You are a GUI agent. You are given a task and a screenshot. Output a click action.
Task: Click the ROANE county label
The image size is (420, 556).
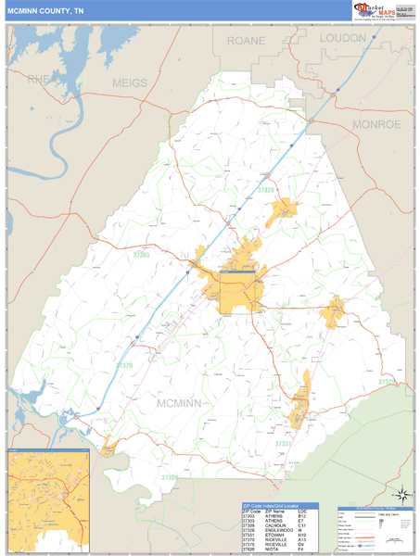[x=245, y=41]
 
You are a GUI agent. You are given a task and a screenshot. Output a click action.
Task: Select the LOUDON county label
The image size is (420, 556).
[x=343, y=38]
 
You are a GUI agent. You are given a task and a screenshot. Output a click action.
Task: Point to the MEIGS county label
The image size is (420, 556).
[x=130, y=83]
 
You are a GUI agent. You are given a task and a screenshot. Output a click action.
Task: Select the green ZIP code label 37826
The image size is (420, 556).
[x=266, y=191]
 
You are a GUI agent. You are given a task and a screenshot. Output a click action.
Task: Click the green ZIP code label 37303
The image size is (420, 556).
[x=141, y=254]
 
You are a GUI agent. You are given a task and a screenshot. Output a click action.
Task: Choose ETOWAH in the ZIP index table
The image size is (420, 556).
[x=274, y=536]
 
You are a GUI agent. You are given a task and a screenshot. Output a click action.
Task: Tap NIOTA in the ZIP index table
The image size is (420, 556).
[x=272, y=550]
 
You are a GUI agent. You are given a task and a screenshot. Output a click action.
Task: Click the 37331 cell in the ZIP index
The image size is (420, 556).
[x=248, y=536]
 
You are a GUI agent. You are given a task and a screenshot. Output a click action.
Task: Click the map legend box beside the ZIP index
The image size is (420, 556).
[x=374, y=529]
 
